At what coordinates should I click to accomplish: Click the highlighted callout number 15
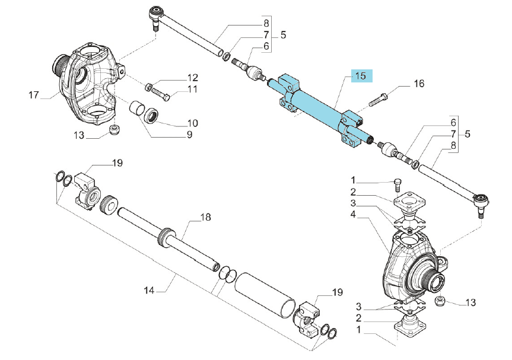[361, 76]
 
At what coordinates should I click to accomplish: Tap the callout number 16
[419, 84]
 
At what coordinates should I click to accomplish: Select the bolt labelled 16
[379, 100]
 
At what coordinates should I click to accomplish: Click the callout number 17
[34, 95]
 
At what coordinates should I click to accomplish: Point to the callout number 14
[149, 290]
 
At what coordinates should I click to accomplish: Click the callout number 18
[205, 217]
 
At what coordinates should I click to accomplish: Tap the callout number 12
[192, 78]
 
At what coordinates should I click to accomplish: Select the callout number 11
[192, 89]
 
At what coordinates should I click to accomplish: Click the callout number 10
[193, 123]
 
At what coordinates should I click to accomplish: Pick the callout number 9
[189, 135]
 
